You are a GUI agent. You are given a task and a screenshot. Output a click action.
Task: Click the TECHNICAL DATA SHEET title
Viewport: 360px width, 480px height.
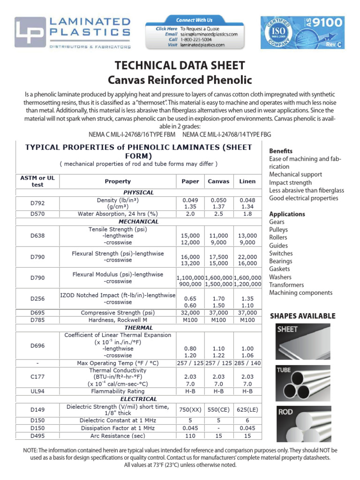180,66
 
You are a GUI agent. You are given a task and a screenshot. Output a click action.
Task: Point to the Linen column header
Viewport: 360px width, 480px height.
247,181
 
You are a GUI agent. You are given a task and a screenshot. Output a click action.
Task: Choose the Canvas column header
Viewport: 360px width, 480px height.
218,181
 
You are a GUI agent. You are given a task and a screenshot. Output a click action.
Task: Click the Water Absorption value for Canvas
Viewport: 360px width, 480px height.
218,214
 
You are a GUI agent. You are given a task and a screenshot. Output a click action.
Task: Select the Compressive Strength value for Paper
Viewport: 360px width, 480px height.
190,313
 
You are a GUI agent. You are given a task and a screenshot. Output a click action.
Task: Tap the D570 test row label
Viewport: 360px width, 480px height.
37,214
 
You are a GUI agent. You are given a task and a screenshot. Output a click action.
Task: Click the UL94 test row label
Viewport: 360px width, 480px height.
37,391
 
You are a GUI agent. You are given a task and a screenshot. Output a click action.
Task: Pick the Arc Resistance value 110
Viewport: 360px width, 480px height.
190,436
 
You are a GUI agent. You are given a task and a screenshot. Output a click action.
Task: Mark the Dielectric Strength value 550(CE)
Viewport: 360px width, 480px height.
218,410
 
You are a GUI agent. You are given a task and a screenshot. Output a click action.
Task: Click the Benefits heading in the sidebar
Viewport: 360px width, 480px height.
281,151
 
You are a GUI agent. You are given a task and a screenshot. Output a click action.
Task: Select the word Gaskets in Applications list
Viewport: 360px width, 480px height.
280,269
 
